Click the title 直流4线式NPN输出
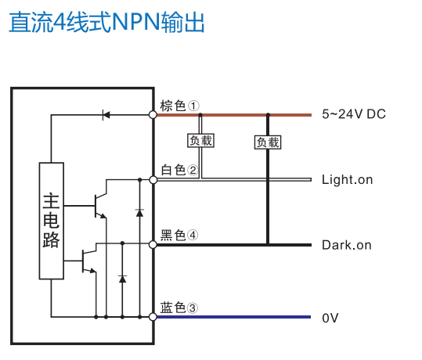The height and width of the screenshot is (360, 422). pos(106,22)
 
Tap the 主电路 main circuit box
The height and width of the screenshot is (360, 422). pos(52,221)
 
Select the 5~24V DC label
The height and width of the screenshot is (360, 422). pos(354,114)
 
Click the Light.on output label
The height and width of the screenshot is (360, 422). pos(347,180)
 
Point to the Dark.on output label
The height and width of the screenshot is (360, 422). pos(347,245)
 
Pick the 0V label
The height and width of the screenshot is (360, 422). pos(330,318)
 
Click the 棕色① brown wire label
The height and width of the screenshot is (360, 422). pos(179,106)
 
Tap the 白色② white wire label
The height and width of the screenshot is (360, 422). pos(179,170)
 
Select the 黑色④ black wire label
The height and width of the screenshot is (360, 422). pos(179,235)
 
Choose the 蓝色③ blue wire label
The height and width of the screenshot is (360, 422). pos(179,308)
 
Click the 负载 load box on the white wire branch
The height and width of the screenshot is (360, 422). pos(200,140)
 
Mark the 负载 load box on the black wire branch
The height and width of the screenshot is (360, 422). pos(268,142)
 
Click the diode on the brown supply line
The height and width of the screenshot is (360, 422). pos(106,115)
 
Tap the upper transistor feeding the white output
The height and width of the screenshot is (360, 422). pos(100,206)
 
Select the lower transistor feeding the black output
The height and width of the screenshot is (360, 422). pos(88,261)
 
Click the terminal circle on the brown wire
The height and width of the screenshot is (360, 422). pos(153,115)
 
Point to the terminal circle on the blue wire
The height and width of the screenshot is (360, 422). pos(153,317)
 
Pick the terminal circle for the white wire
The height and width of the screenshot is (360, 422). pos(153,180)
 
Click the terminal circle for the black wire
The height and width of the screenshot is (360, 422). pos(153,245)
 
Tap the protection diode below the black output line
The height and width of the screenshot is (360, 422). pos(122,279)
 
